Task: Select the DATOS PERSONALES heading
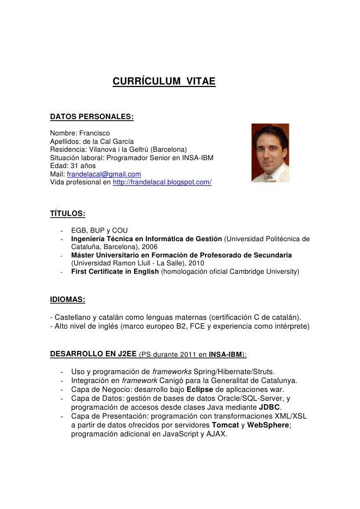92,117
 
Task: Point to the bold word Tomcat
225,425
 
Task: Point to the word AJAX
217,434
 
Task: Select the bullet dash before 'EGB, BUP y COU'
61,231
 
